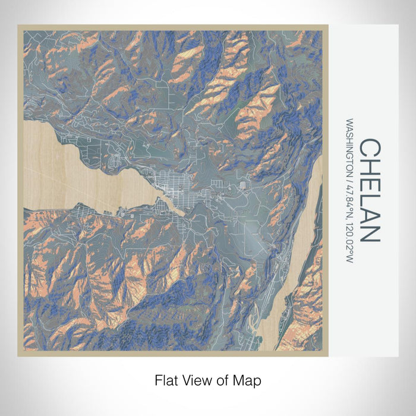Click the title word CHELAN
pos(369,191)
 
